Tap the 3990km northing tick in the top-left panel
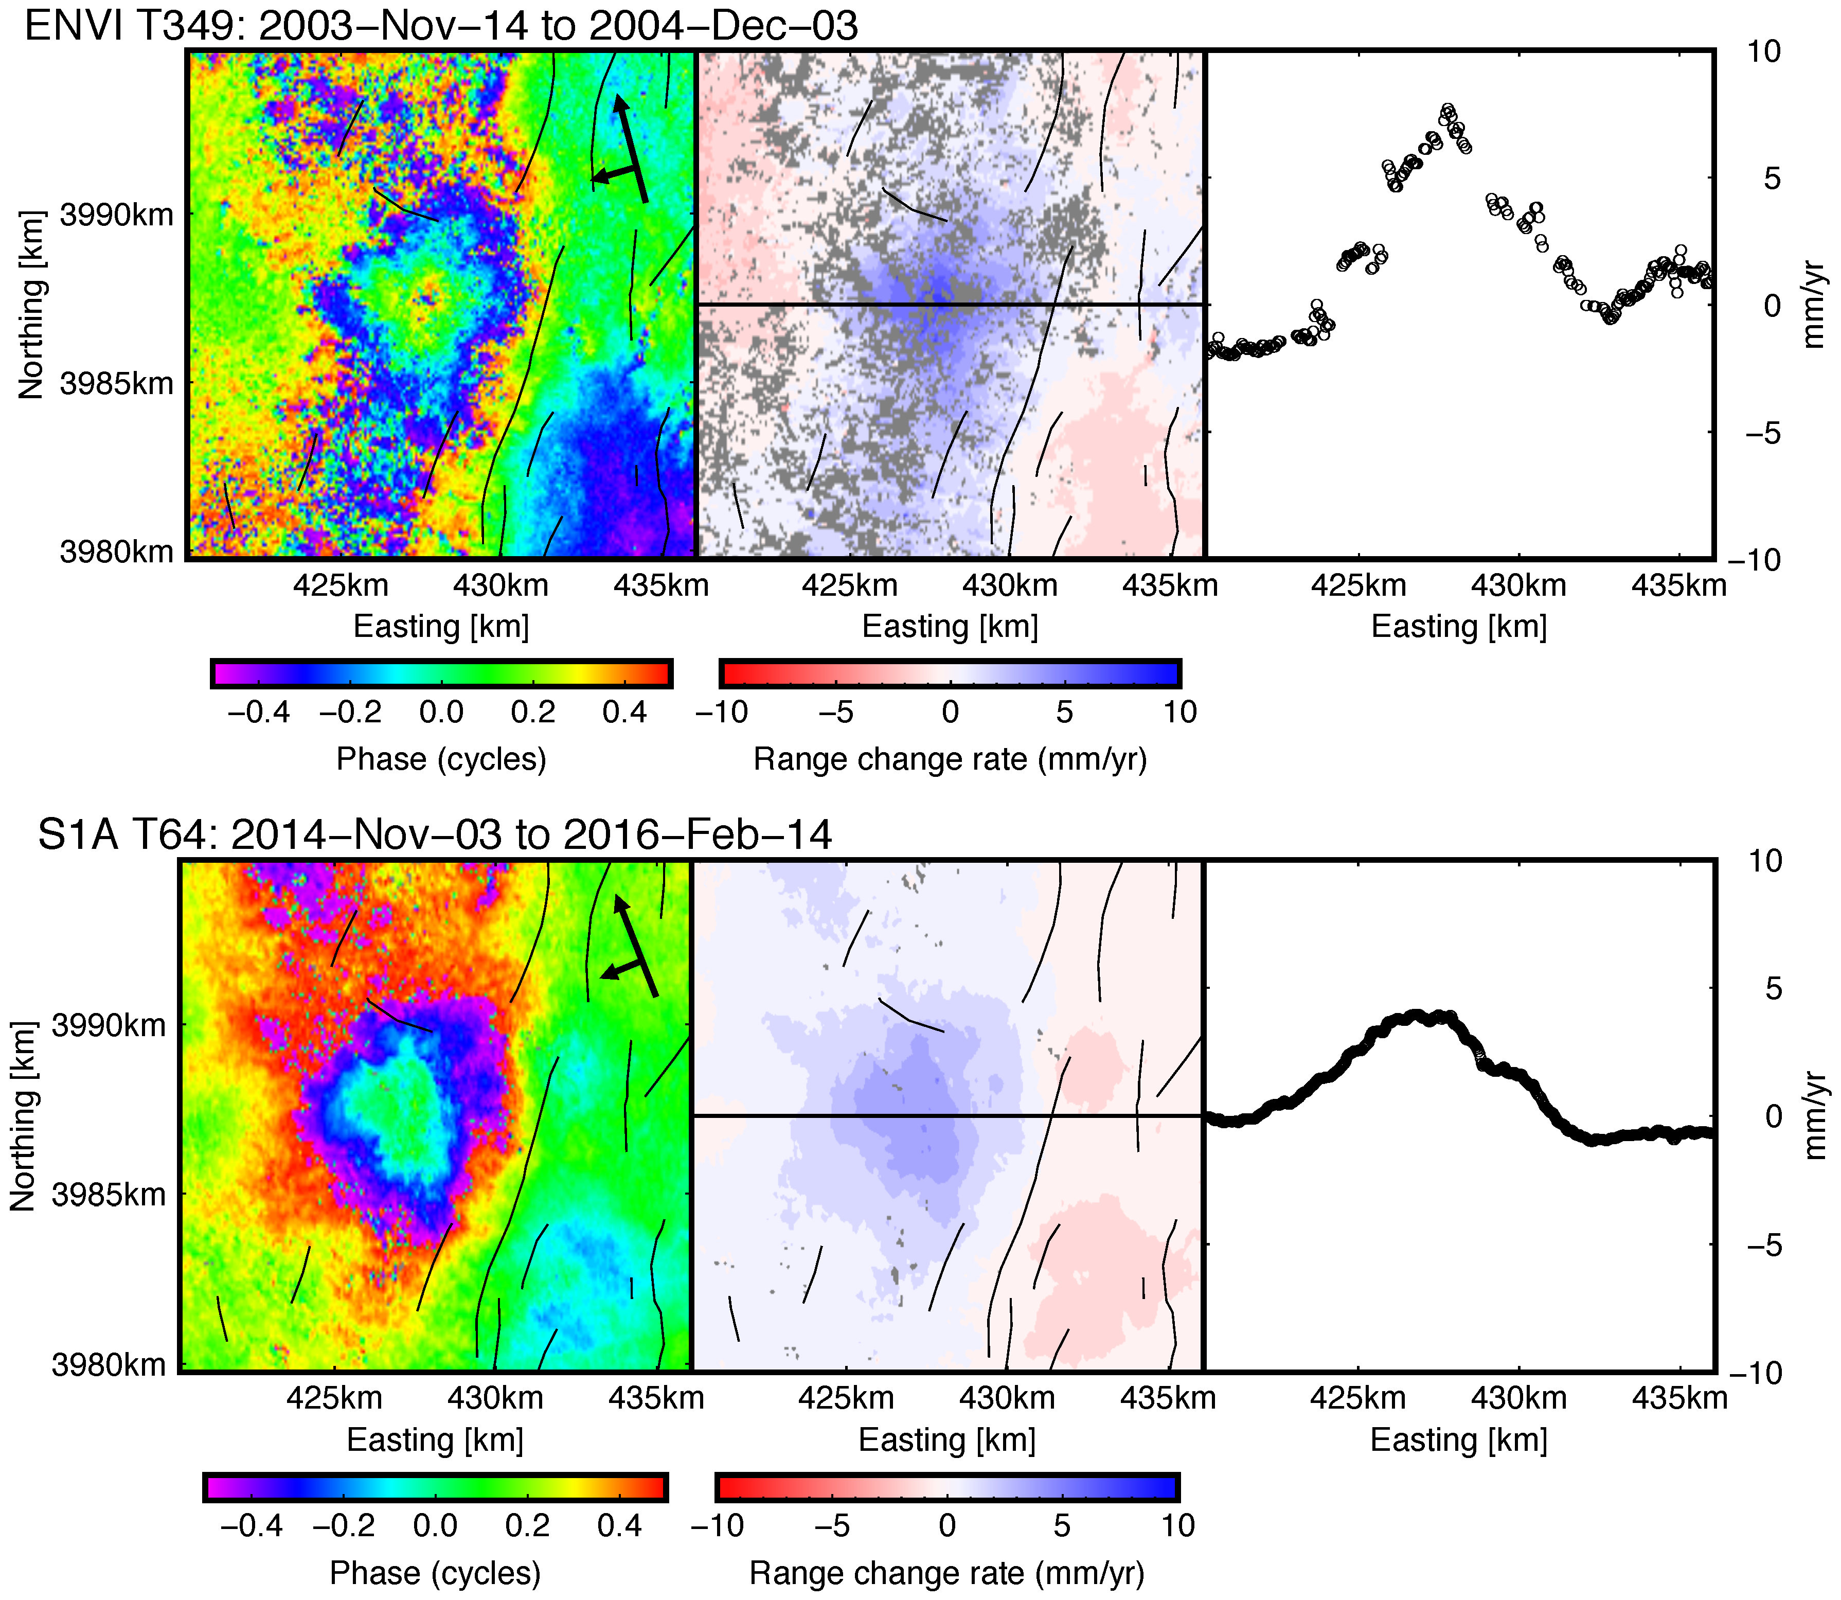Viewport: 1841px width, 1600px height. [116, 215]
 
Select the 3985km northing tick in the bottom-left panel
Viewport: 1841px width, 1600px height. [109, 1194]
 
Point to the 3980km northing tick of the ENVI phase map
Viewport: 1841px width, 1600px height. [116, 552]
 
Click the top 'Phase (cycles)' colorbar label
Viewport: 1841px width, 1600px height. [441, 759]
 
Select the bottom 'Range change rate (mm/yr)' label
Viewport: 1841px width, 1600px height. [946, 1573]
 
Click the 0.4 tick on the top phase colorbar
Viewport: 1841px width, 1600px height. [625, 713]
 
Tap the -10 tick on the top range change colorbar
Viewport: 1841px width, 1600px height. [721, 713]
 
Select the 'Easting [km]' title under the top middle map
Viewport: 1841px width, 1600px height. [950, 627]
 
